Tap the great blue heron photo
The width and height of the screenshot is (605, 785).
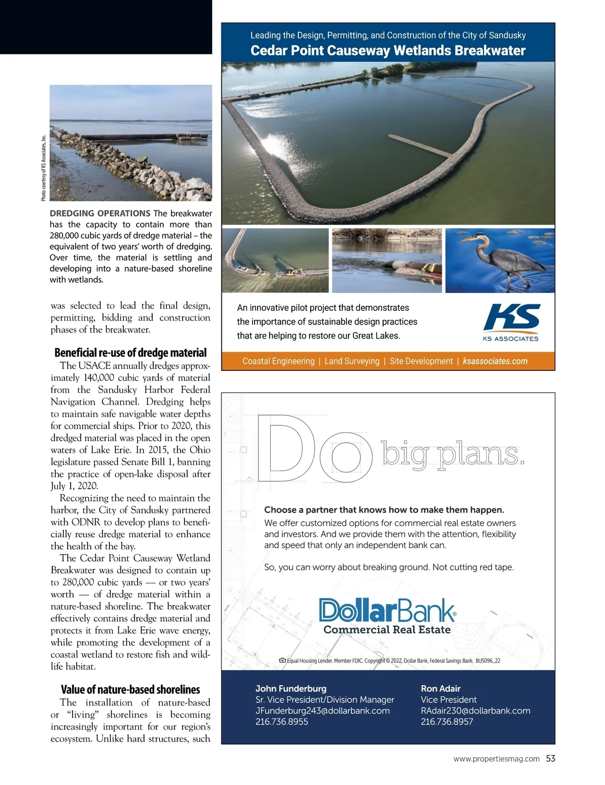click(x=500, y=260)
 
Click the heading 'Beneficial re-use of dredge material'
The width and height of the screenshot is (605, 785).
click(x=131, y=353)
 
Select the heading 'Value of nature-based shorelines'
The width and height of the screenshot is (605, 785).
click(x=131, y=690)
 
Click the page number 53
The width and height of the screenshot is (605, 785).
click(x=551, y=758)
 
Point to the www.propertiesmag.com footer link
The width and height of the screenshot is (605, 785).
click(x=497, y=759)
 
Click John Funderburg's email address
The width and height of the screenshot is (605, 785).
click(x=323, y=710)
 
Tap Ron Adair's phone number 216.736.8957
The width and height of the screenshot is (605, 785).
click(x=447, y=722)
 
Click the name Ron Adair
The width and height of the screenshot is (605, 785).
click(x=441, y=688)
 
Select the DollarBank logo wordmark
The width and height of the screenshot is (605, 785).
click(x=387, y=610)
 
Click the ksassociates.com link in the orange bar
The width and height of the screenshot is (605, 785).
click(x=495, y=361)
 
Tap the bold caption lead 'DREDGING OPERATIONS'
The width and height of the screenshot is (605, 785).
click(x=100, y=213)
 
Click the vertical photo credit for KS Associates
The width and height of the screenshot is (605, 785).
click(x=44, y=168)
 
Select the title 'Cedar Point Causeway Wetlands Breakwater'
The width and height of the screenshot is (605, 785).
click(x=388, y=50)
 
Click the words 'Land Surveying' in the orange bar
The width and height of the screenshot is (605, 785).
click(x=352, y=361)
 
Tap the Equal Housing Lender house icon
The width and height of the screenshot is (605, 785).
click(x=282, y=660)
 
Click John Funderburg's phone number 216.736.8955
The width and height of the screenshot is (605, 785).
click(x=282, y=722)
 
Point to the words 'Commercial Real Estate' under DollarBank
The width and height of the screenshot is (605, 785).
click(x=387, y=630)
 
